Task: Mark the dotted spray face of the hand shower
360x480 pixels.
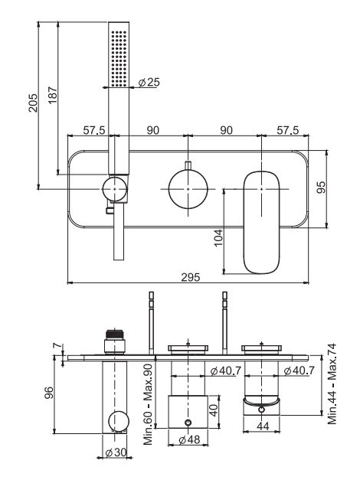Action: [x=119, y=57]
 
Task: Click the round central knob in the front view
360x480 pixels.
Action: [x=188, y=188]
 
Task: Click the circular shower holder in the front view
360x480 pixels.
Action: [x=116, y=188]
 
